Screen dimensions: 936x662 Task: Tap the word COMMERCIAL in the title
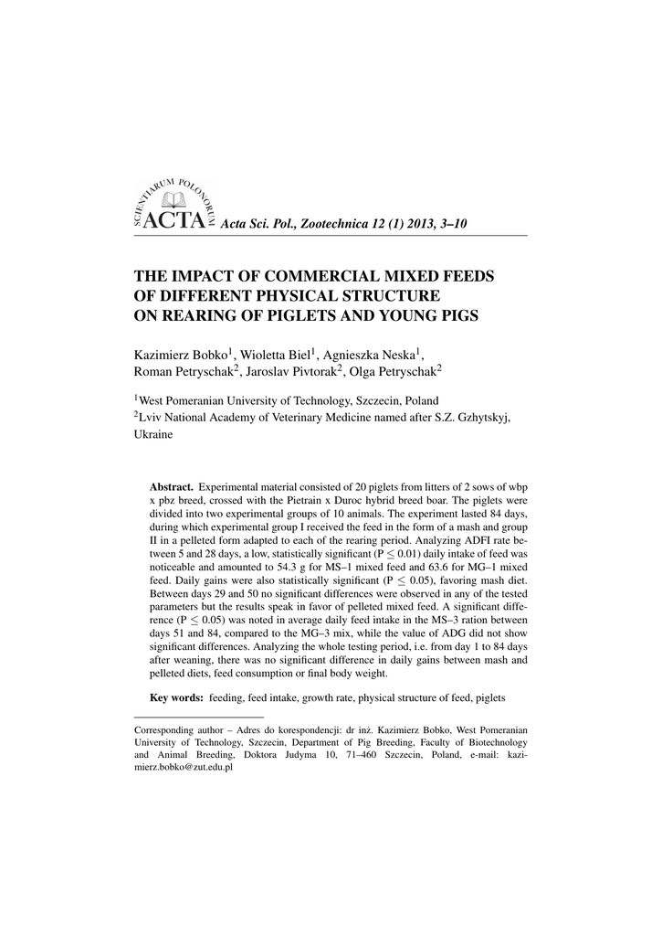tap(308, 276)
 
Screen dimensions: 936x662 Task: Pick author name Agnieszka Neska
tap(372, 355)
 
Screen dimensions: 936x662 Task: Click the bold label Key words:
tap(176, 697)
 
